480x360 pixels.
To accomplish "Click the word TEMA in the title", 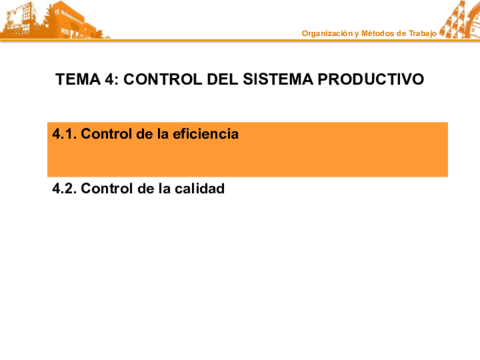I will (x=76, y=79).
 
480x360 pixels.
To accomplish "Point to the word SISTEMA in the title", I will (x=279, y=79).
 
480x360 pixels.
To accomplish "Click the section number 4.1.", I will (x=63, y=134).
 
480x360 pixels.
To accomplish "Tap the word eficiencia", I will (x=206, y=134).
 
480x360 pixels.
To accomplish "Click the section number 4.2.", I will (x=63, y=188).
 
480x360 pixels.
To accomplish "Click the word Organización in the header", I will (x=328, y=34).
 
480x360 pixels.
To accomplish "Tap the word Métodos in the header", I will (x=379, y=34).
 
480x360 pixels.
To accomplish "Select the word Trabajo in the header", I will (x=421, y=34).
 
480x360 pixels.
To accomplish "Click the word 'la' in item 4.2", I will (x=163, y=188).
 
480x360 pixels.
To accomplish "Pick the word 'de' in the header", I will (x=401, y=34).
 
